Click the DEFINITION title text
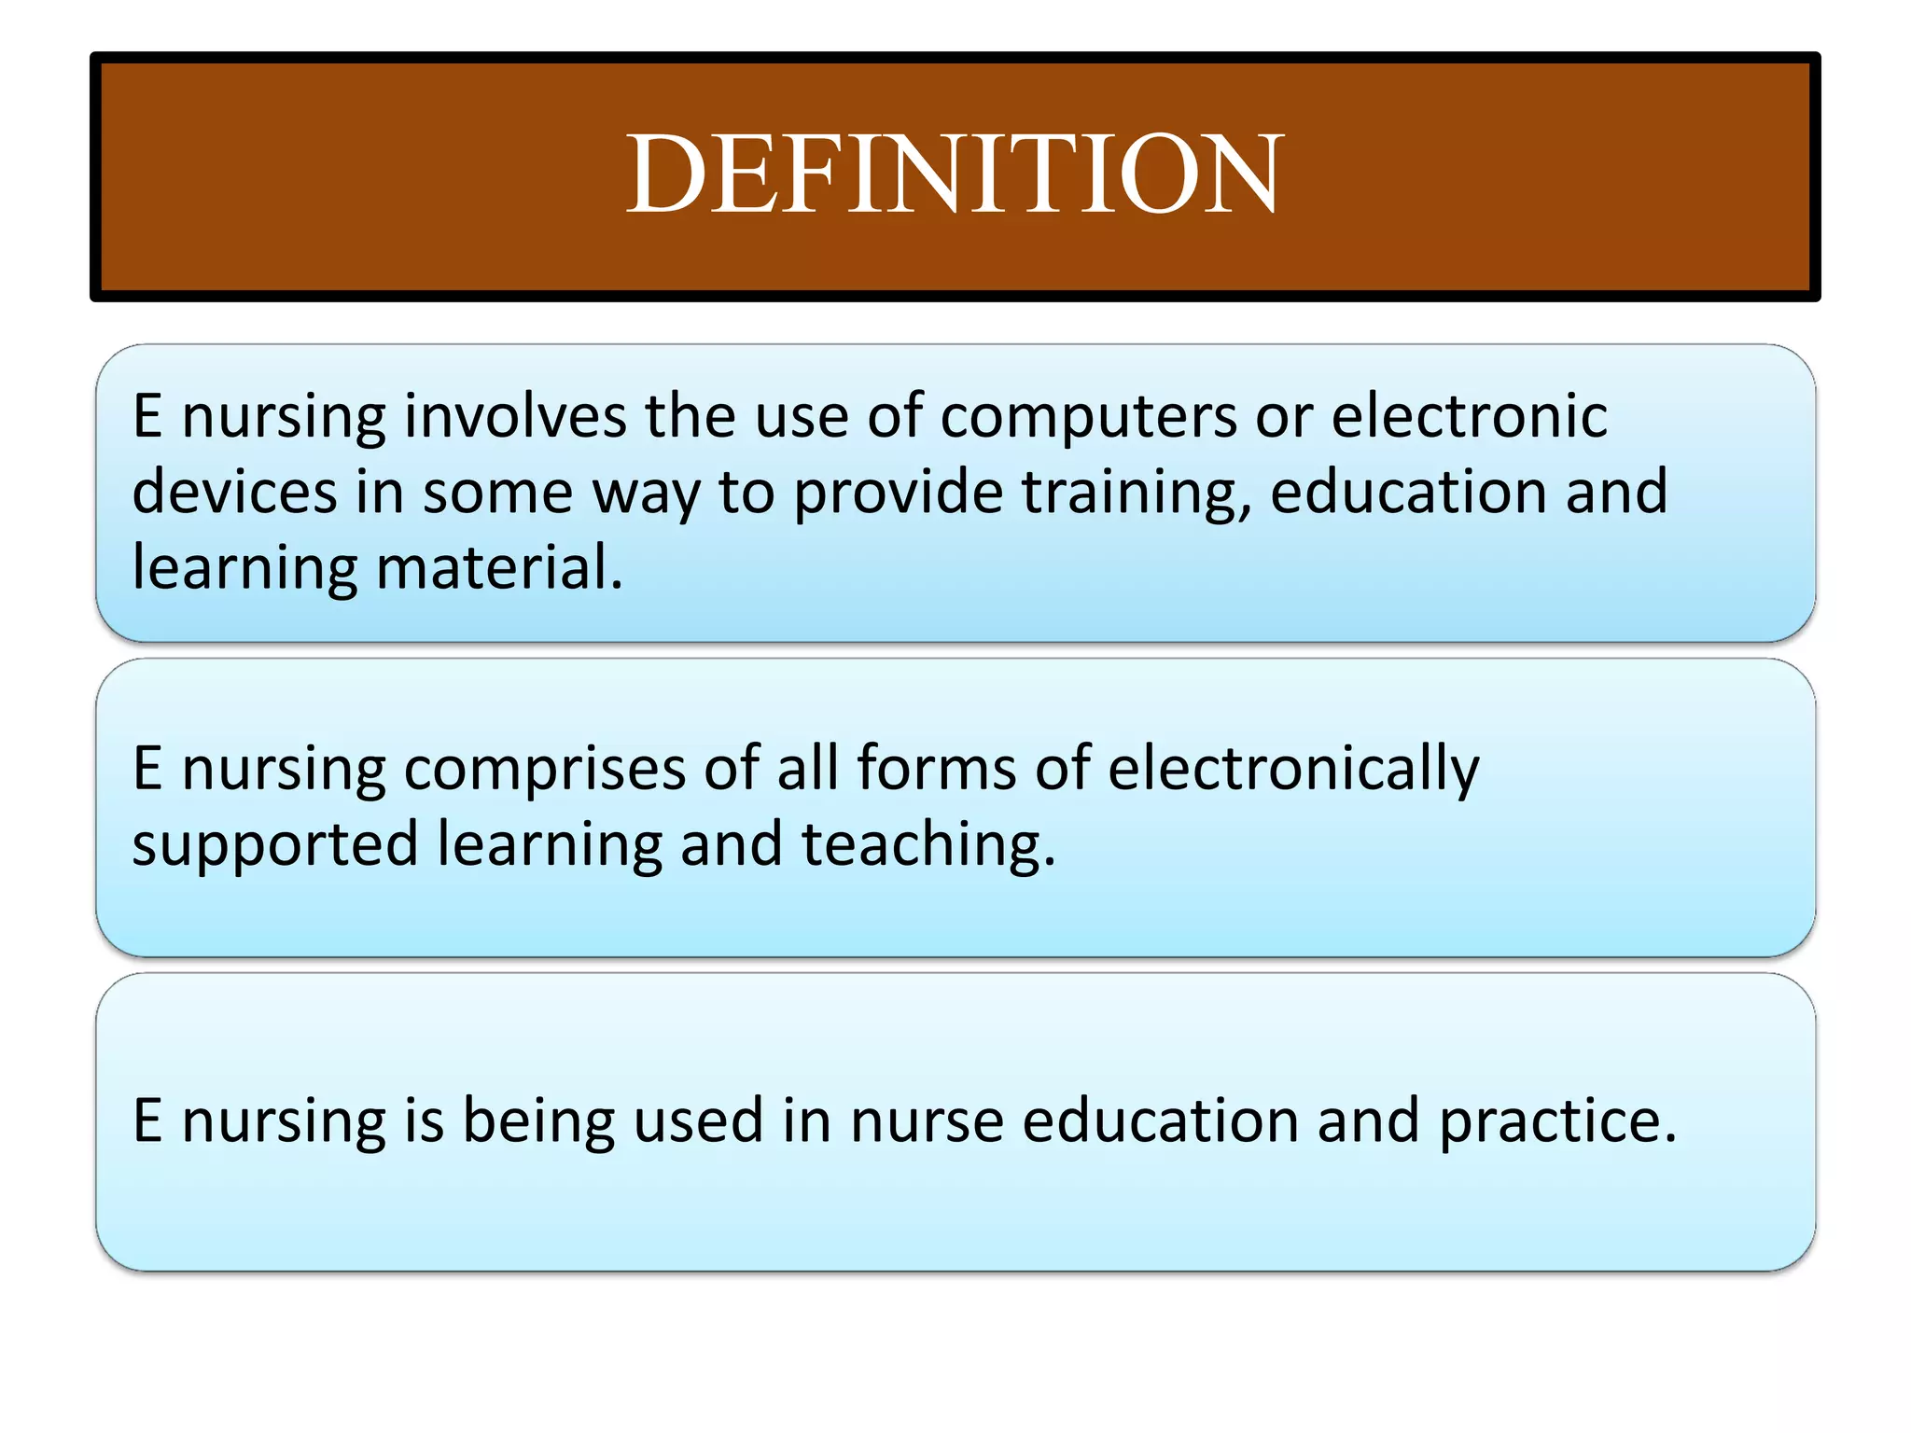click(x=955, y=174)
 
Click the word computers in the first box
click(x=1088, y=416)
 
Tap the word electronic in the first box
click(x=1469, y=416)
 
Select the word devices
click(x=234, y=492)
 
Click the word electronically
click(x=1293, y=770)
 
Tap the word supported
click(x=275, y=845)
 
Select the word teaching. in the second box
click(x=928, y=845)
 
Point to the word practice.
click(x=1557, y=1121)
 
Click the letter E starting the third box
click(x=147, y=1121)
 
